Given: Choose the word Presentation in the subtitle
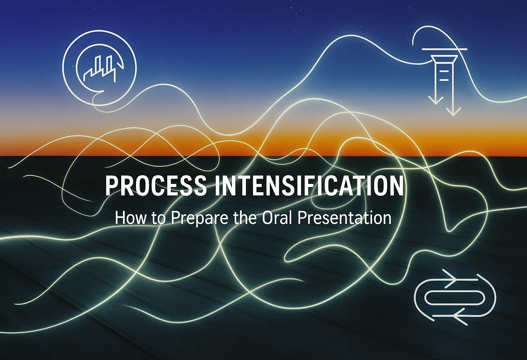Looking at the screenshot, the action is click(344, 218).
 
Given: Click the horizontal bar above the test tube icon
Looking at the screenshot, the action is click(444, 49).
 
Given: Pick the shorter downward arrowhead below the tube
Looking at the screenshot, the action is click(436, 100).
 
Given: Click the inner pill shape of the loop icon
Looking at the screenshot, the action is click(455, 298).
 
